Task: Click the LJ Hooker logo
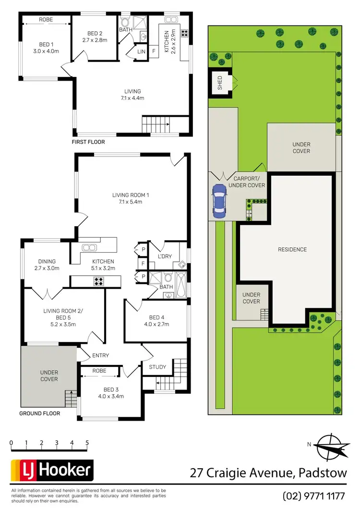click(52, 470)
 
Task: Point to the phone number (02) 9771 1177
click(314, 496)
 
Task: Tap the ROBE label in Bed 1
click(46, 20)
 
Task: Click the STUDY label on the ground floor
click(157, 367)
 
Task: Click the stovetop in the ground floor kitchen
click(99, 282)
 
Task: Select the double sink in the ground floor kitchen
click(90, 247)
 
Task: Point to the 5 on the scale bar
click(87, 443)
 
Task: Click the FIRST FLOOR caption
click(88, 142)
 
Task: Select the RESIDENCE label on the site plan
click(292, 249)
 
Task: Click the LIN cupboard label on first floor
click(141, 51)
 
